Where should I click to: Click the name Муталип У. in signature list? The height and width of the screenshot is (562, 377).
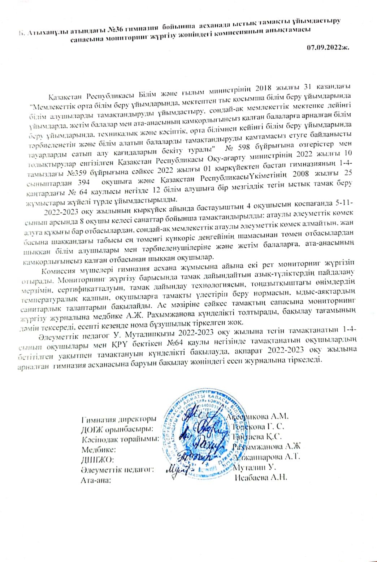254,468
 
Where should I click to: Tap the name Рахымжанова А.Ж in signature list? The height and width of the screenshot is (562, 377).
266,447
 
